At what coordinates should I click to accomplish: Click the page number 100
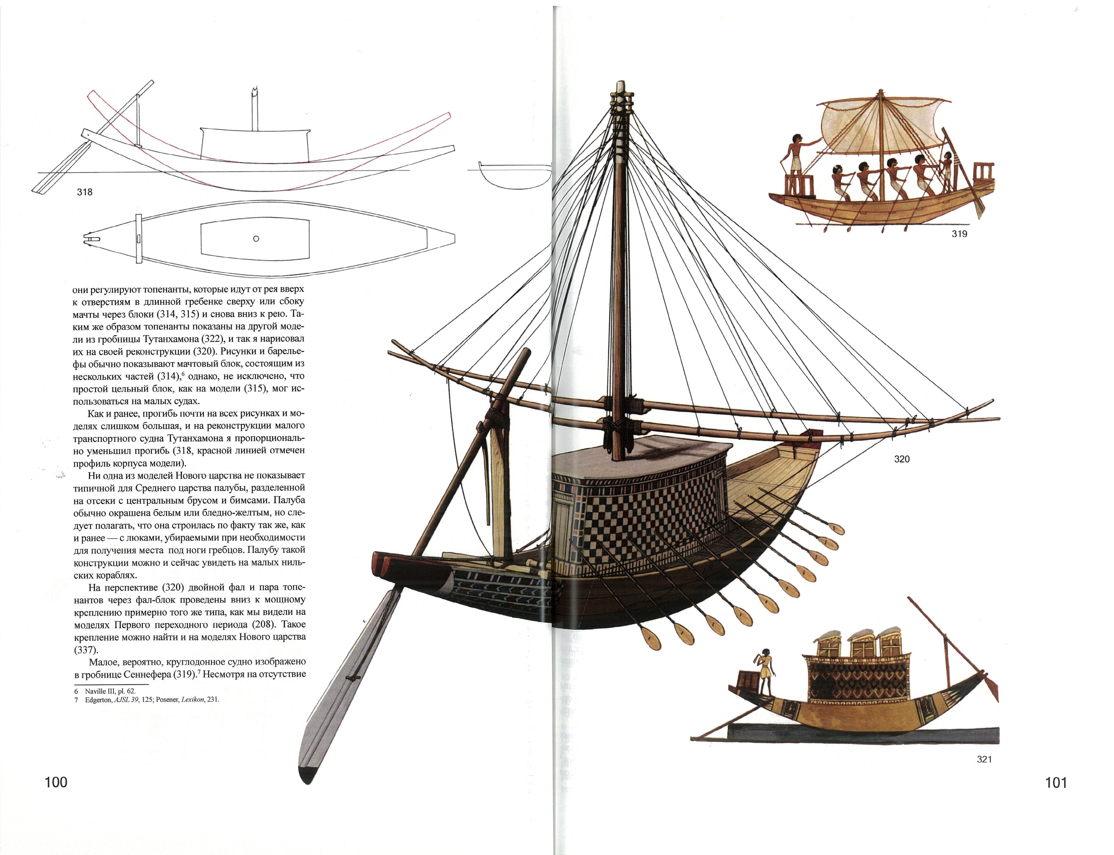point(56,782)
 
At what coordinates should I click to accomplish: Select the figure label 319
point(959,234)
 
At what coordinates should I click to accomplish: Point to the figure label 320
point(902,459)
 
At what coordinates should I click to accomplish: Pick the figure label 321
point(984,759)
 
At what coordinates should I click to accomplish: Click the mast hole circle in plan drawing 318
point(256,238)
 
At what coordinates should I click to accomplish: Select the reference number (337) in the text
point(86,650)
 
